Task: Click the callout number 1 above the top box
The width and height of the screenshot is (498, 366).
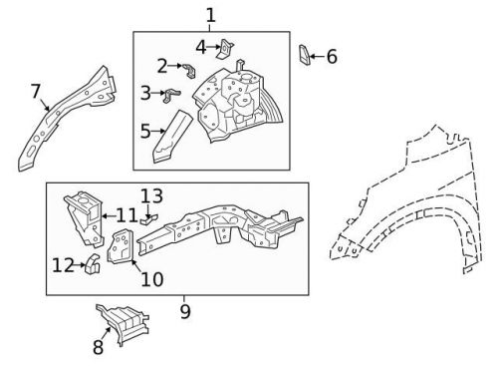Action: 211,15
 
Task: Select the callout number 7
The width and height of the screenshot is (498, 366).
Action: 36,91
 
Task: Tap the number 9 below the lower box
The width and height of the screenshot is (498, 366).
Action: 185,311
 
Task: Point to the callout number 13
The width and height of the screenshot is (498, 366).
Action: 151,196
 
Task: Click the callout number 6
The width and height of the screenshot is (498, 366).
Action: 332,56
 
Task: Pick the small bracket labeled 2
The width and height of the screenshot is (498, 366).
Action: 189,70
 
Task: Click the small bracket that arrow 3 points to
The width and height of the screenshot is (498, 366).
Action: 172,95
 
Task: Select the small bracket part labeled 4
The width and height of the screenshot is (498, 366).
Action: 226,49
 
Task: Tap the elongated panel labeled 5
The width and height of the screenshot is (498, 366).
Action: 172,137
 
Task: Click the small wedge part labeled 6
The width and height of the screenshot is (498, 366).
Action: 305,55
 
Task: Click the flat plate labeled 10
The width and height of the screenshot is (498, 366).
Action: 121,246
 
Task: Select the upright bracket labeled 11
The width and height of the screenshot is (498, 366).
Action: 84,218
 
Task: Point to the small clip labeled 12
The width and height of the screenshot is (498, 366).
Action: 93,264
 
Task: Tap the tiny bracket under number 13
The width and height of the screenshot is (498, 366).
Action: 148,219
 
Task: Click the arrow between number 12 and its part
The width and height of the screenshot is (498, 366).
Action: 80,265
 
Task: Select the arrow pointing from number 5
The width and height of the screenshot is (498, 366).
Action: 158,132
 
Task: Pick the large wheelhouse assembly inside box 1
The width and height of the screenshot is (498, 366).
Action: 237,103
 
